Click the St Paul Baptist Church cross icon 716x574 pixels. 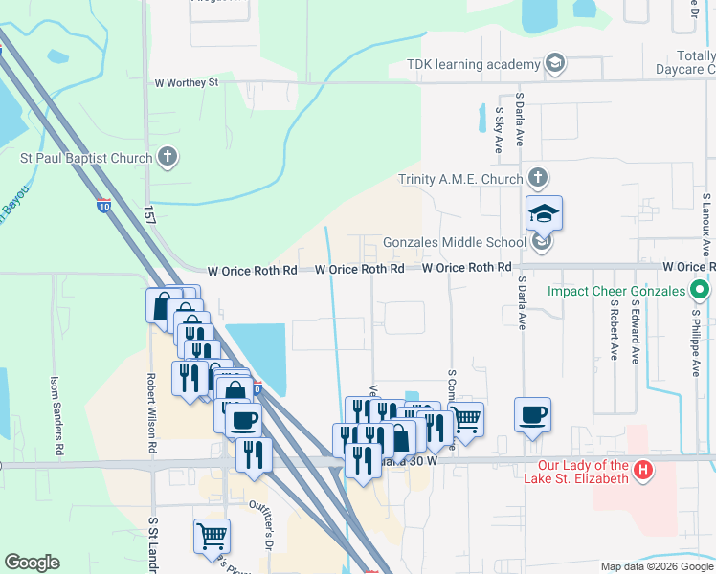[168, 158]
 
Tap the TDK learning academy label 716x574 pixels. [474, 64]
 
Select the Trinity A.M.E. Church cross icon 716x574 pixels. [538, 179]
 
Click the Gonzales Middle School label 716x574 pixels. [454, 243]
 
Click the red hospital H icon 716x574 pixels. [644, 471]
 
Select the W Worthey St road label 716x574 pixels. [188, 83]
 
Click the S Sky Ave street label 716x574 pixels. [499, 131]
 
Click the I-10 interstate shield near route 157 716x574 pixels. [102, 205]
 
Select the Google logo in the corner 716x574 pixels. [32, 563]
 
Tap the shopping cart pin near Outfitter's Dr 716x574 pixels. [212, 536]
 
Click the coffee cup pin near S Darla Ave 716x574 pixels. [532, 415]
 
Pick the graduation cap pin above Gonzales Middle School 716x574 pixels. [544, 213]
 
